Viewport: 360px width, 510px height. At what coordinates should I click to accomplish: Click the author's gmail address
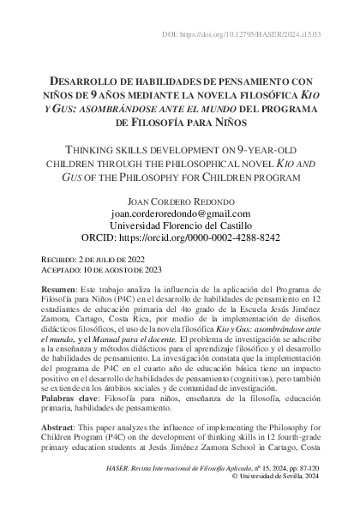[180, 213]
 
